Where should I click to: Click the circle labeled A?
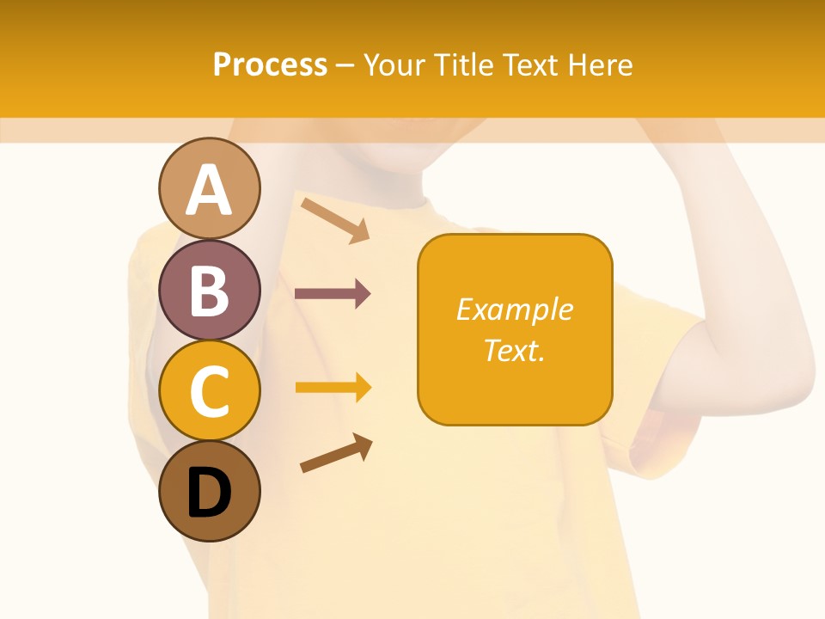click(x=209, y=188)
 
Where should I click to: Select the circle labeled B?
click(x=209, y=290)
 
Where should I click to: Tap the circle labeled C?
click(x=209, y=391)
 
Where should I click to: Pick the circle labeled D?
click(x=209, y=493)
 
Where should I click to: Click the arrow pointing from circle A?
click(x=335, y=219)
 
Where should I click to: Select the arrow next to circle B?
click(x=333, y=294)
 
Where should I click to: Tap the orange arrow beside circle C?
click(x=333, y=388)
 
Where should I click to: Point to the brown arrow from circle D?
click(x=336, y=453)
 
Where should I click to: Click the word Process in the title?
click(x=270, y=64)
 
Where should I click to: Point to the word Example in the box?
click(x=514, y=309)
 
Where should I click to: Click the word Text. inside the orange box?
click(x=514, y=350)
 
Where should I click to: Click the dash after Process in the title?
click(x=345, y=65)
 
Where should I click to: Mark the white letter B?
click(x=209, y=291)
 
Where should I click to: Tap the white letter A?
click(x=209, y=189)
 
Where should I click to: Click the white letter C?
click(x=209, y=392)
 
